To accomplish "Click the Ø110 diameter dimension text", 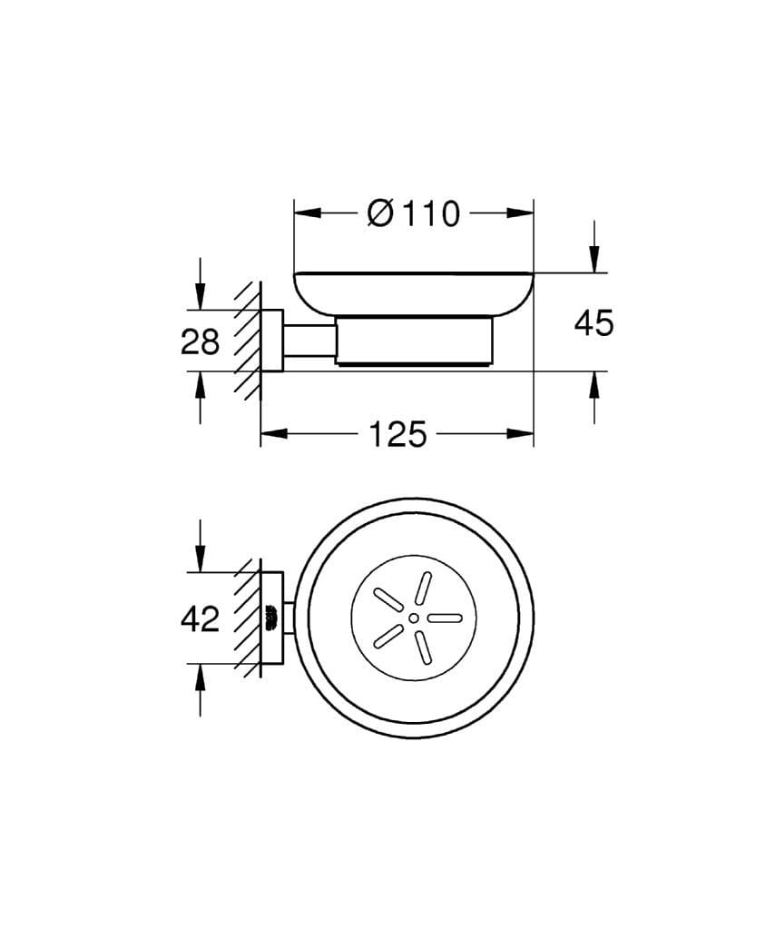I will coord(413,214).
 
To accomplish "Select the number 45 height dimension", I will coord(594,322).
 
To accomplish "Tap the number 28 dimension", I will coord(200,342).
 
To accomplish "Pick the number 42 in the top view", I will coord(200,618).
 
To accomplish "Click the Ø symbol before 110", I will coord(380,214).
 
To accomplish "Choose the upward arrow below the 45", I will coord(594,385).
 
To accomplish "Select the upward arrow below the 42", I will coord(201,677).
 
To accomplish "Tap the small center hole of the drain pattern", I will coord(414,618).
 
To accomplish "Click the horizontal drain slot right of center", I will coord(445,618).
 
